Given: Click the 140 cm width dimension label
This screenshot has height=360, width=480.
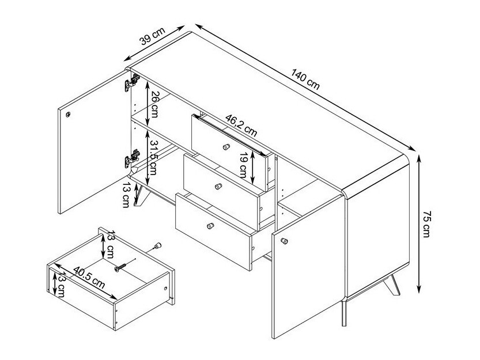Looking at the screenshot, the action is [305, 79].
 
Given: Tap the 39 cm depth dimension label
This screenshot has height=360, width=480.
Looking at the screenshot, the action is [152, 36].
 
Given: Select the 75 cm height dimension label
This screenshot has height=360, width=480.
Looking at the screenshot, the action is [426, 223].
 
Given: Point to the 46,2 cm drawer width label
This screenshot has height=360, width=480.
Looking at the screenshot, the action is [241, 125].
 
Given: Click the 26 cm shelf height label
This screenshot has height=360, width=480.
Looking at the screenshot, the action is [154, 104].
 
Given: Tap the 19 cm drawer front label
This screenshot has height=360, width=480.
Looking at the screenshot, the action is [243, 165].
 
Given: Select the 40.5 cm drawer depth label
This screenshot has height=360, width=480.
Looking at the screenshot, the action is [89, 278].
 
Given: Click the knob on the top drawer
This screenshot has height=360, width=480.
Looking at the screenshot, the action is [226, 147].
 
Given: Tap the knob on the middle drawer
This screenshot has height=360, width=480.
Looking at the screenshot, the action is [218, 186].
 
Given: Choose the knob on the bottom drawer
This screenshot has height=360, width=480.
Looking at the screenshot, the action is [210, 226].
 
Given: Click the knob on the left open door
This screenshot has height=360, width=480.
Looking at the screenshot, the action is [68, 115].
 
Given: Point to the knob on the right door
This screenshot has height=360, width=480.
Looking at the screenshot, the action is [284, 241].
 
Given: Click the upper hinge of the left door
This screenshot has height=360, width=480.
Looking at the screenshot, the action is [132, 82].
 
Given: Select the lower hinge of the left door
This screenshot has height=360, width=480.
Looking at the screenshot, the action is [132, 158].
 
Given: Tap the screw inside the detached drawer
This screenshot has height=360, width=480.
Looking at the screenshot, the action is [120, 268].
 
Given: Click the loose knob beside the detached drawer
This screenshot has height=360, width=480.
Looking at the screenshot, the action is [157, 245].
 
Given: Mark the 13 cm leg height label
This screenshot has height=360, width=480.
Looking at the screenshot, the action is [126, 195].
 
